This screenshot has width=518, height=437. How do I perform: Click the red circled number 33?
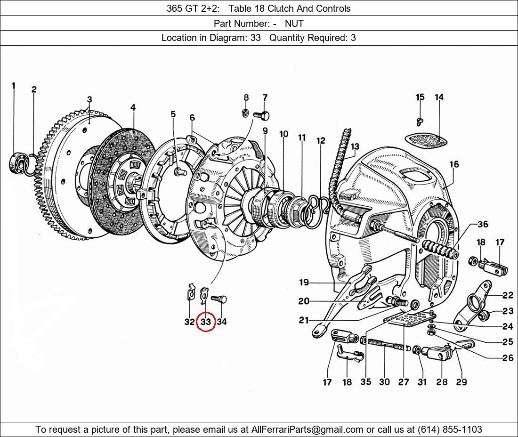point(206,322)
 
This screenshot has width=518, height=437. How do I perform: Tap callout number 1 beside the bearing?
point(14,86)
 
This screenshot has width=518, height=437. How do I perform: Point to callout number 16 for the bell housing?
point(453,165)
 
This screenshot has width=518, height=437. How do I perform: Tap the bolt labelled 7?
point(261,114)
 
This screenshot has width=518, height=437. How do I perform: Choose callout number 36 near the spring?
point(483,224)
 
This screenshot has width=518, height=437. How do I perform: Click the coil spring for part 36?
point(440,249)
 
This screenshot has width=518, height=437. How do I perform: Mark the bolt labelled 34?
point(219,299)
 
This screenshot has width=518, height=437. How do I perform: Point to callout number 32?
point(189,322)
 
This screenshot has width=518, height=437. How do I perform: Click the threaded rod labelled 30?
point(386,347)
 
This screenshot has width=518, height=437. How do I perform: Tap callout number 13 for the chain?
point(354,147)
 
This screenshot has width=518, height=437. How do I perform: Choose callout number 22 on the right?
point(507,296)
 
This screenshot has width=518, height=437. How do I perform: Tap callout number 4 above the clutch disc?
point(133,108)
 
